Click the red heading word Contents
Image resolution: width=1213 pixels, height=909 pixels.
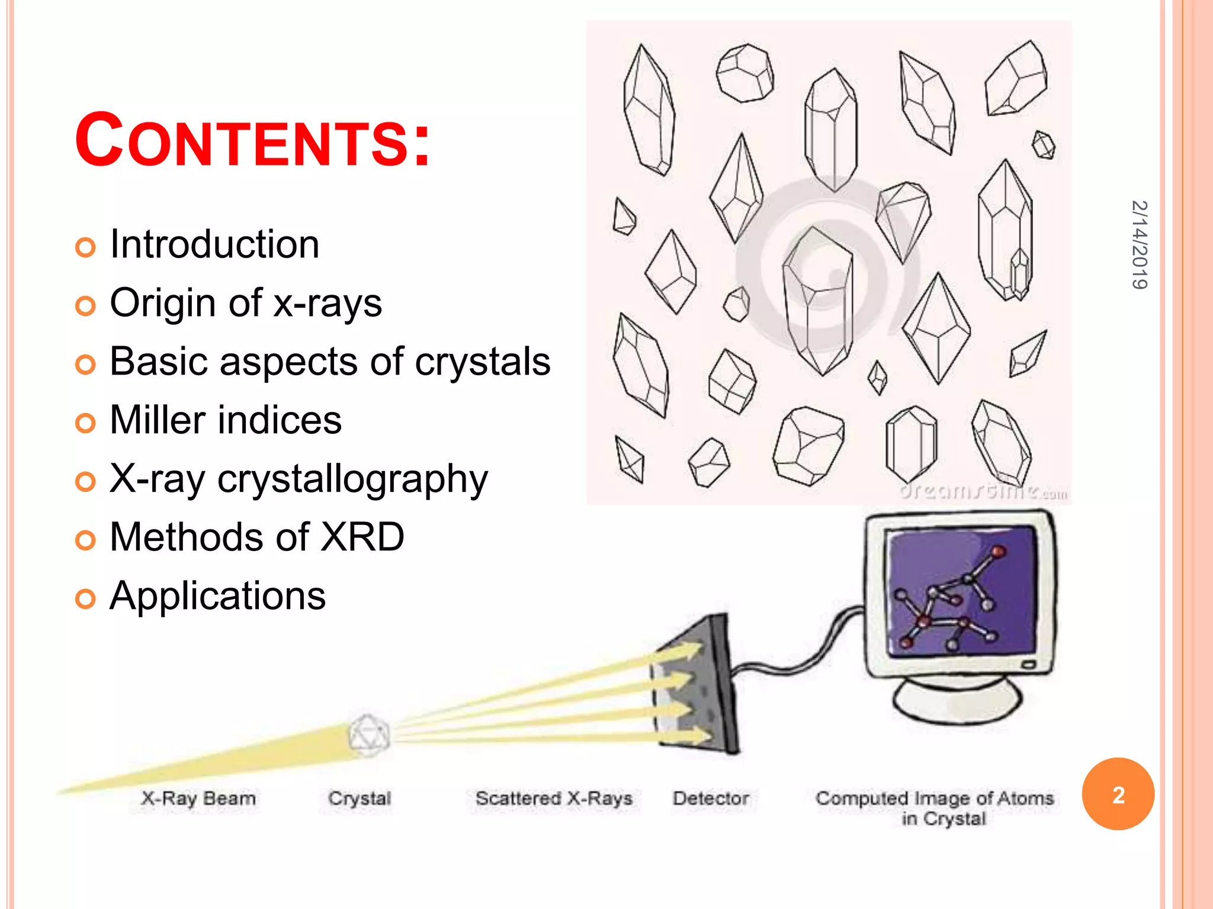[x=252, y=141]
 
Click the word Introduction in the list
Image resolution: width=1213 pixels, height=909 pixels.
[x=214, y=244]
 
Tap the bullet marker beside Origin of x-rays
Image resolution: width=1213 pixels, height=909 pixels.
[x=85, y=306]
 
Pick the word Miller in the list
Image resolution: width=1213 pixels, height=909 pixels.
[x=155, y=420]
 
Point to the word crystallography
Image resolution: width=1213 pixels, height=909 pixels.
[x=352, y=479]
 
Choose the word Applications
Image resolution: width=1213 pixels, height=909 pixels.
[x=217, y=595]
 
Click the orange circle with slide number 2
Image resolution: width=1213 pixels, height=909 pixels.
[x=1118, y=794]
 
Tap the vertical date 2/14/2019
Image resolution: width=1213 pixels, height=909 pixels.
[x=1139, y=244]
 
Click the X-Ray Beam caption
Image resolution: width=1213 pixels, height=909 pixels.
[x=198, y=798]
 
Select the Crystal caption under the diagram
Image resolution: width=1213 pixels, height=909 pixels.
[x=360, y=798]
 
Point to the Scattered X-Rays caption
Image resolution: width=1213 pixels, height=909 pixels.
[x=554, y=798]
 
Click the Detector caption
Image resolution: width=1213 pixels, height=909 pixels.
[x=711, y=798]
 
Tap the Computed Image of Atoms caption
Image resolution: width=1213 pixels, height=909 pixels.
[x=935, y=799]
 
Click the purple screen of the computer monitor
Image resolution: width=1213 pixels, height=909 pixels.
[x=960, y=592]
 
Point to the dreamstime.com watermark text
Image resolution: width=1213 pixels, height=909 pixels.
[x=983, y=492]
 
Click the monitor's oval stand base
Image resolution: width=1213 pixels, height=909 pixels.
[x=958, y=701]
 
